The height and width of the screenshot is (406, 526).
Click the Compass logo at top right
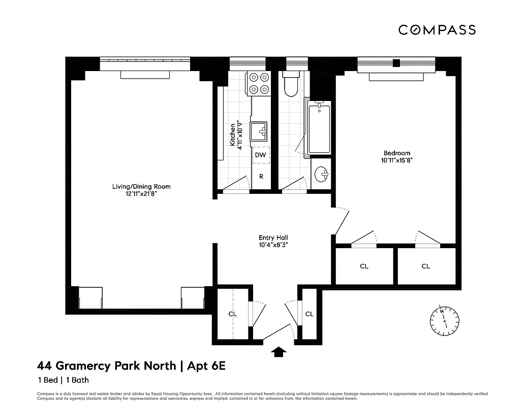[x=437, y=30]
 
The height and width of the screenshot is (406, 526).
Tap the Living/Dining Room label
[x=141, y=187]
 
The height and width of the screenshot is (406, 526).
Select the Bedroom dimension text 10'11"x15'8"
[x=397, y=160]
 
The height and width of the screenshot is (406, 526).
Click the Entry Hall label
[x=274, y=238]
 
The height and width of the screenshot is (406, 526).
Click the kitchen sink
[x=261, y=130]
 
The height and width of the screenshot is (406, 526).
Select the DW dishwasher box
[x=260, y=155]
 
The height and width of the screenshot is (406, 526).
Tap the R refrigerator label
[x=261, y=177]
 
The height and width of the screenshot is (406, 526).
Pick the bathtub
[x=319, y=127]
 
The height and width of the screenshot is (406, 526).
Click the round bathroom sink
[x=321, y=175]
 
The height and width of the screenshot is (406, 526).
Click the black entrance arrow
[x=279, y=351]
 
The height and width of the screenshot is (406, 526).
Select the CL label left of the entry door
[x=232, y=314]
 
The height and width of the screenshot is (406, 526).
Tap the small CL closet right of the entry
[x=310, y=314]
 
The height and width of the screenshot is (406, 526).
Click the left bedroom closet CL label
[x=364, y=266]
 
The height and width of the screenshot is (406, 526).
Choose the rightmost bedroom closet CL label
[x=425, y=266]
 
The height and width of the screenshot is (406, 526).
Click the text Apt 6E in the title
[x=206, y=365]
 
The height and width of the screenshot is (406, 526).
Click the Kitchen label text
[x=233, y=134]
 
